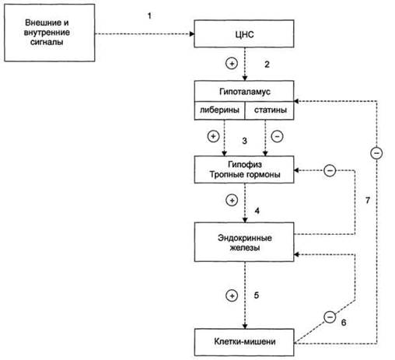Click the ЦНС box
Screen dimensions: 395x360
(x=244, y=33)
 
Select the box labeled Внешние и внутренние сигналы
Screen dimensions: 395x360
(x=50, y=33)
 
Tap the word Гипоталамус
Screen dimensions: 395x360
(x=245, y=92)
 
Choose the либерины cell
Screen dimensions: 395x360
(x=219, y=110)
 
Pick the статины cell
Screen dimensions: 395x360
(x=270, y=110)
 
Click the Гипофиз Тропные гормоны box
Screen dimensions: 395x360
(x=244, y=170)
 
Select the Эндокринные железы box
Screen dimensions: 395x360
(x=244, y=242)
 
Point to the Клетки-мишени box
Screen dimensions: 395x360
(x=244, y=342)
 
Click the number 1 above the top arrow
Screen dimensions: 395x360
(x=149, y=16)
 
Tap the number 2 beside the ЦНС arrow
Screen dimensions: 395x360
(x=267, y=65)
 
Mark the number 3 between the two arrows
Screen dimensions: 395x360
(x=244, y=141)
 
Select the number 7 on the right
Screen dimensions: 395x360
(x=368, y=201)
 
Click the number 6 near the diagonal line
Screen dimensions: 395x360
(x=344, y=323)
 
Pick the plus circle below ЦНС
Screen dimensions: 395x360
(x=232, y=64)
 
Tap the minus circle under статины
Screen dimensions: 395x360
(x=277, y=136)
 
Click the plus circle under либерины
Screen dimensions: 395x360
(x=213, y=136)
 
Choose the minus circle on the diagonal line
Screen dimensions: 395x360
(x=330, y=317)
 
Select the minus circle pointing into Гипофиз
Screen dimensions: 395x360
(x=330, y=170)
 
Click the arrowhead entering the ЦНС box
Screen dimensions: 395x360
(x=192, y=34)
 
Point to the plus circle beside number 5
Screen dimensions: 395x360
(x=232, y=295)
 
